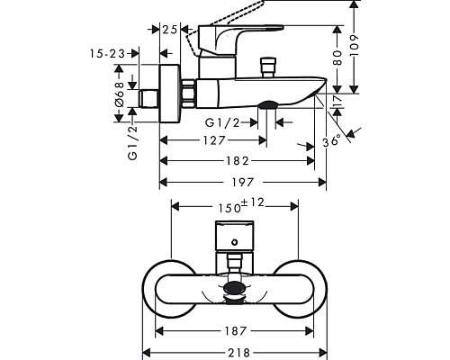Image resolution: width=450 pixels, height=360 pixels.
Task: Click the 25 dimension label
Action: click(169, 30)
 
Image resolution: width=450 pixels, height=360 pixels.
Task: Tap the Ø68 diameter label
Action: click(120, 94)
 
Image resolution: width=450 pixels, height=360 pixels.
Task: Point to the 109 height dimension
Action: click(355, 45)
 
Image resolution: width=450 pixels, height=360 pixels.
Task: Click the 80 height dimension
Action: click(337, 58)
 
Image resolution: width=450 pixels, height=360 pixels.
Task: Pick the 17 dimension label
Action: click(337, 101)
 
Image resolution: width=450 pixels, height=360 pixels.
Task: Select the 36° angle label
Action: click(332, 141)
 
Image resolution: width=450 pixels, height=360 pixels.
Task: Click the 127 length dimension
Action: click(213, 140)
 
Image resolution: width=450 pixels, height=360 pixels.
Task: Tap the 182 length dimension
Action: click(237, 161)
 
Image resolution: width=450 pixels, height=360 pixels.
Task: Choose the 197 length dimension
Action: click(243, 182)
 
